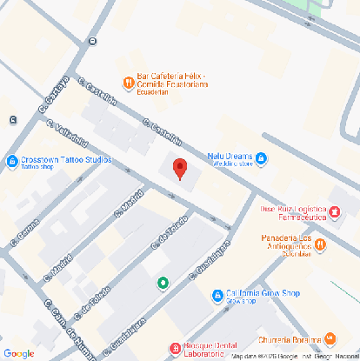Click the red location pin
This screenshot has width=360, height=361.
click(x=180, y=169)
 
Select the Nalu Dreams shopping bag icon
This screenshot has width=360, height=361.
click(x=262, y=157)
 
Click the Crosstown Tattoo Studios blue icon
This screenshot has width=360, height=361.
click(x=11, y=161)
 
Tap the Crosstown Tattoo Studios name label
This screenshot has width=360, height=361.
click(x=66, y=161)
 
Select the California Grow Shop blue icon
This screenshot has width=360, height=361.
click(x=217, y=297)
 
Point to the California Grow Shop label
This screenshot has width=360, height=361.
click(x=262, y=293)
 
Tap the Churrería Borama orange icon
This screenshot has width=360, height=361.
click(x=330, y=338)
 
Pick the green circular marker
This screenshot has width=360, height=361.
click(x=163, y=283)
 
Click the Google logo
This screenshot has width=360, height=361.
click(x=17, y=352)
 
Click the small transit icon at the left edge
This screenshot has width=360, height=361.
click(x=11, y=119)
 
